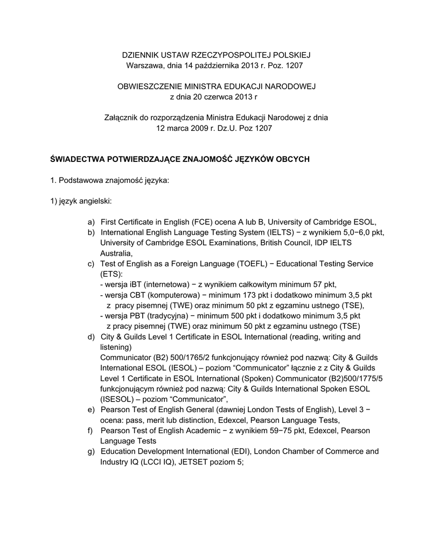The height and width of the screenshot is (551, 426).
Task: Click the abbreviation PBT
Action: (x=137, y=316)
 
